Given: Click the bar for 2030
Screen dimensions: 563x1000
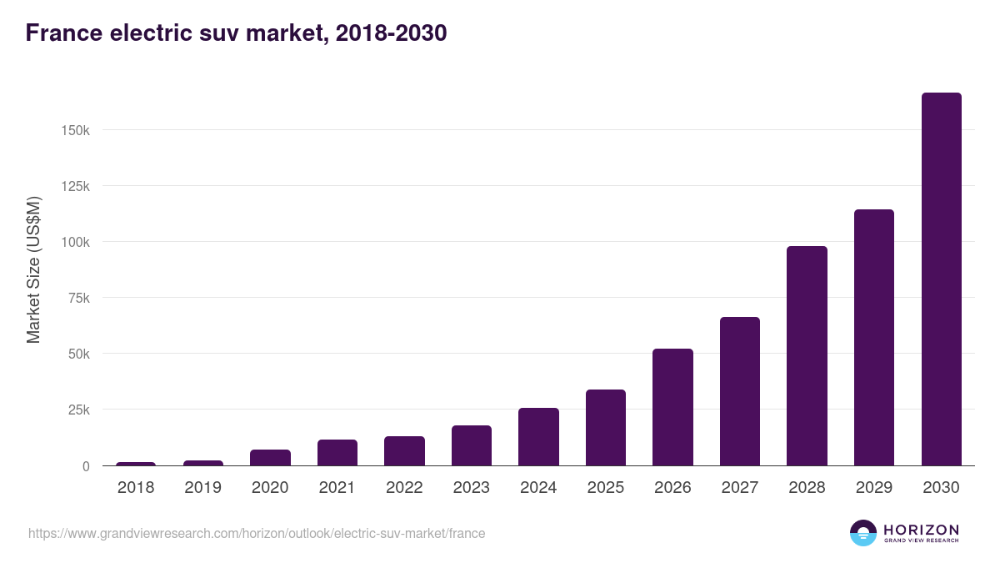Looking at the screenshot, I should point(941,279).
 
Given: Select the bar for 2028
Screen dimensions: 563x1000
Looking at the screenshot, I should point(807,356).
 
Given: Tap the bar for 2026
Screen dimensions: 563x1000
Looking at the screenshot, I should point(672,407).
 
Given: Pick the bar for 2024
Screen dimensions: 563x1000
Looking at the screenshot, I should point(538,437).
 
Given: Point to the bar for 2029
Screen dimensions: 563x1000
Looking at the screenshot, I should point(874,338).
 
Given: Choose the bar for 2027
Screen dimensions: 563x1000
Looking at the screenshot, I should point(740,391).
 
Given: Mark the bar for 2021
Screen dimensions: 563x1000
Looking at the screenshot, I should point(337,453).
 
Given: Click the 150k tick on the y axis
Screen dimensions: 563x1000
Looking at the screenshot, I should point(74,130).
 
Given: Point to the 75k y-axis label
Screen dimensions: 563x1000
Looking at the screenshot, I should point(77,298).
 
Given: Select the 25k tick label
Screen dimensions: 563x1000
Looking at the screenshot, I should point(77,410).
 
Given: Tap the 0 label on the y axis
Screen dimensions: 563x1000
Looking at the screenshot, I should point(85,466).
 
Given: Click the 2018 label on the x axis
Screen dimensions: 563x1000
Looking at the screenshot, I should point(136,488).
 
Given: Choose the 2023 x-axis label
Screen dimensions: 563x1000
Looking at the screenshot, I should point(472,488).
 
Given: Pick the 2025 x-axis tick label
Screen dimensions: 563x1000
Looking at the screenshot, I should point(606,488).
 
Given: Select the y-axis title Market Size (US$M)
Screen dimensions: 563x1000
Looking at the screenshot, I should point(33,270).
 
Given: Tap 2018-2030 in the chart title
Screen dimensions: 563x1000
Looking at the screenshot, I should point(391,33).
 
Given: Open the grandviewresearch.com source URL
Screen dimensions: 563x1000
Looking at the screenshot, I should point(257,533).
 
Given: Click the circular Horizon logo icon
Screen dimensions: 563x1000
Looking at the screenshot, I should point(863,533).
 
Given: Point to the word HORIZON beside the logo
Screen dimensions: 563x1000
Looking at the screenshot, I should point(921,530).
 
